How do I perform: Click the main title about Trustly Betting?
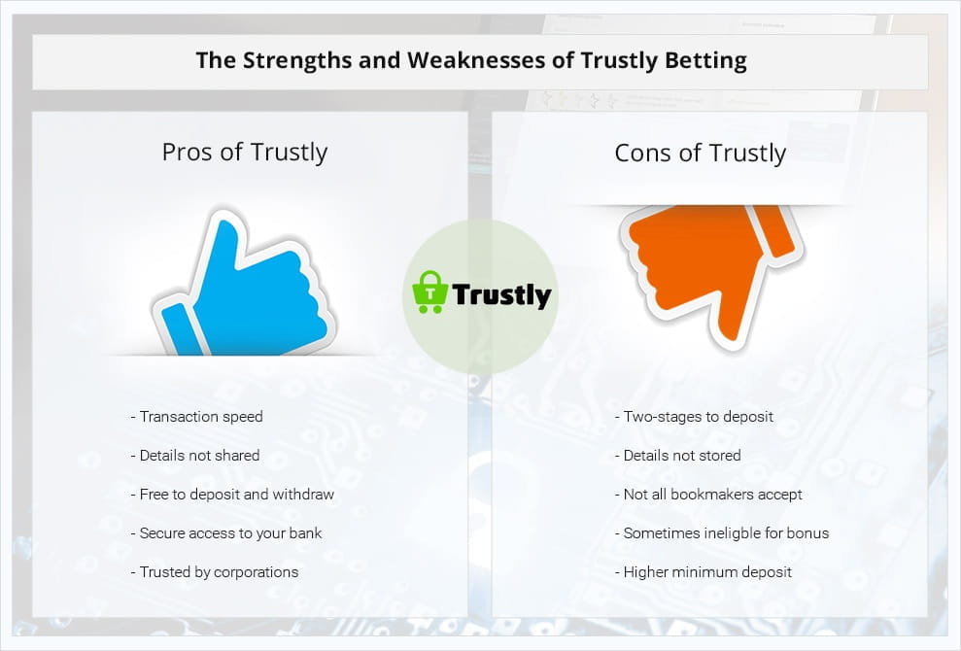[x=470, y=60]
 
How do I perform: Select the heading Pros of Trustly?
[x=245, y=152]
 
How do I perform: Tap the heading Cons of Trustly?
[x=700, y=153]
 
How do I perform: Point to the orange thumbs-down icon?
[x=711, y=270]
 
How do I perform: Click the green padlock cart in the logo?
[x=430, y=291]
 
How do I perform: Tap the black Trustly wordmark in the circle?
[x=502, y=294]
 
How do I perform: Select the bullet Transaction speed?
[x=196, y=417]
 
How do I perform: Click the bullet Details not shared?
[x=195, y=456]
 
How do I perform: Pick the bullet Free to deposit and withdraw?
[x=232, y=494]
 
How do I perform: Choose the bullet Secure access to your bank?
[x=226, y=533]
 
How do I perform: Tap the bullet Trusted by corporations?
[x=215, y=572]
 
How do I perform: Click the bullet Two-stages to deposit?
[x=694, y=417]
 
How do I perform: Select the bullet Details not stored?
[x=678, y=456]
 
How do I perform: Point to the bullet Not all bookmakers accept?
[x=708, y=494]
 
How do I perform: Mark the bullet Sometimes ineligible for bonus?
[x=722, y=533]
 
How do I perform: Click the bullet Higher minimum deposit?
[x=704, y=572]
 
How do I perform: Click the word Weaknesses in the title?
[x=491, y=60]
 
